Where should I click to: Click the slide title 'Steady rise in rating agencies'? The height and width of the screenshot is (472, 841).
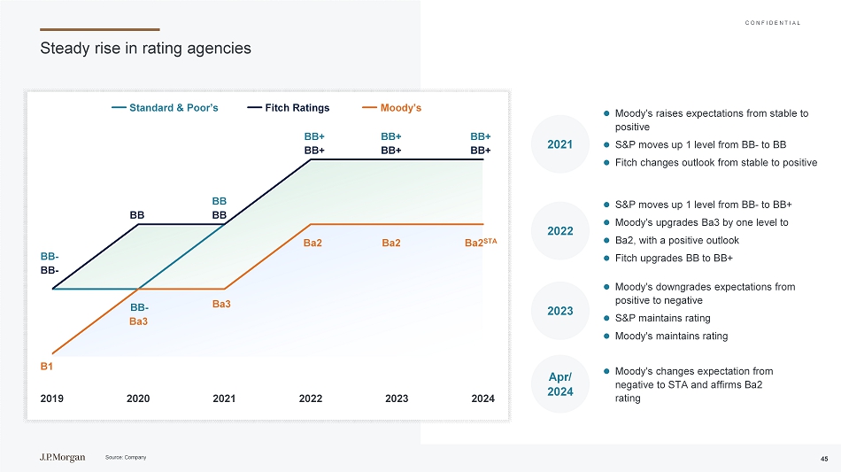coord(146,49)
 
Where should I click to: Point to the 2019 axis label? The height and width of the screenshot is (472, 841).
coord(52,398)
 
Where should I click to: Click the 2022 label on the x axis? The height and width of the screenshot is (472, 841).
coord(310,398)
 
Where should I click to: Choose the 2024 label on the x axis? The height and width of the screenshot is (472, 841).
coord(482,398)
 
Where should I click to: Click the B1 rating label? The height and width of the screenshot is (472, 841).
coord(47,365)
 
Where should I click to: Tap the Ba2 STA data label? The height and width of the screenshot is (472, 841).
coord(482,243)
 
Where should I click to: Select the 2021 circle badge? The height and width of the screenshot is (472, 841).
coord(559,144)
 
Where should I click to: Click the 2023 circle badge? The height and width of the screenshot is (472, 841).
coord(559,311)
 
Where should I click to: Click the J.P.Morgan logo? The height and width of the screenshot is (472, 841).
coord(62,457)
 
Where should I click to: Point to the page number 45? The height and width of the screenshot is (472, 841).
coord(823,458)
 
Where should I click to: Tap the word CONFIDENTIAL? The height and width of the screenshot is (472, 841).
coord(773,22)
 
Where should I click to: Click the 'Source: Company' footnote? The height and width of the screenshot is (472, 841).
coord(125,457)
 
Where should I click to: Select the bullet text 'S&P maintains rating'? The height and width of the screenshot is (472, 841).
coord(662,318)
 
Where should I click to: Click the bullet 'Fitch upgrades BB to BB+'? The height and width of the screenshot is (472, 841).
coord(673,258)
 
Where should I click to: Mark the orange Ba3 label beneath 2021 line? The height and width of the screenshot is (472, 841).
coord(221,304)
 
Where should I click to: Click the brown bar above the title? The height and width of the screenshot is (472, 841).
coord(100,29)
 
